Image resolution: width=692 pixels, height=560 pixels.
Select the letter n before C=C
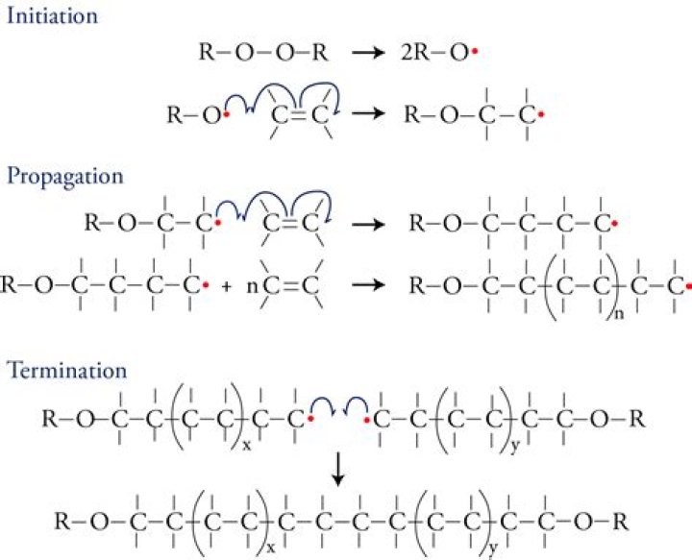[x=254, y=286]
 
